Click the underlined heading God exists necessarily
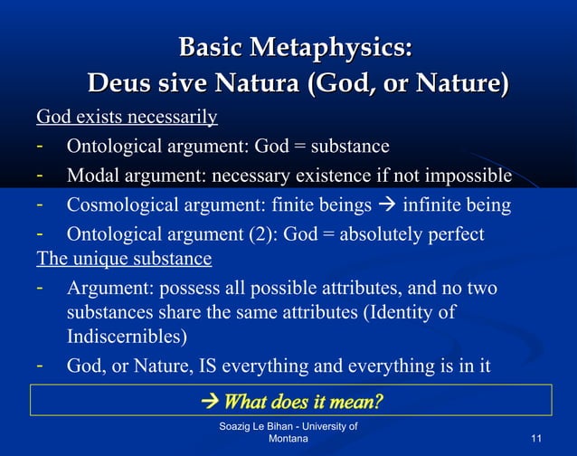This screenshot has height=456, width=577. (x=127, y=118)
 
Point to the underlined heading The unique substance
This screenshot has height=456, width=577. (x=124, y=259)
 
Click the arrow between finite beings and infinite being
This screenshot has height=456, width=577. (x=386, y=206)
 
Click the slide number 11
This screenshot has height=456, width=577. (x=536, y=439)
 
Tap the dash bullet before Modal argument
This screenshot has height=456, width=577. (x=41, y=175)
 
